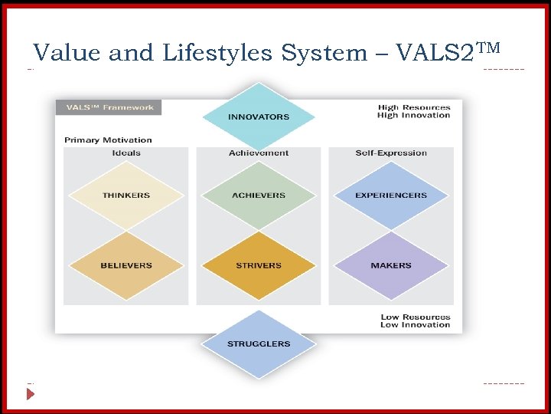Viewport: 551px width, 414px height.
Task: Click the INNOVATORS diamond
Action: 259,117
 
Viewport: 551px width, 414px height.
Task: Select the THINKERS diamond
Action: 126,195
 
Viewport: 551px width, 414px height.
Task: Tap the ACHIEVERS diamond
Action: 259,195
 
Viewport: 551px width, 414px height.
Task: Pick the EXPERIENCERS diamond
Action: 391,195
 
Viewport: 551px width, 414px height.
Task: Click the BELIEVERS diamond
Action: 126,265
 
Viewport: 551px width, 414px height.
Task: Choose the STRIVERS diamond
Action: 259,265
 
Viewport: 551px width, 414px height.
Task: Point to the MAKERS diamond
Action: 391,265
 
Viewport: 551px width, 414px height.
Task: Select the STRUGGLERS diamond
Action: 259,343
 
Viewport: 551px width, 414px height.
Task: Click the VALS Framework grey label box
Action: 109,107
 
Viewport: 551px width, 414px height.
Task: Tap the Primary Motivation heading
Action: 108,140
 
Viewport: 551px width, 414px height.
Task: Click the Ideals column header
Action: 126,153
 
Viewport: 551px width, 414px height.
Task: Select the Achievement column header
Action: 259,153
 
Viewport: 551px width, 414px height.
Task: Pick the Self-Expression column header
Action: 391,153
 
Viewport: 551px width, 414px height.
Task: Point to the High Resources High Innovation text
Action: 414,111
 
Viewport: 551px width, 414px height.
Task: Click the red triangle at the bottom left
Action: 31,394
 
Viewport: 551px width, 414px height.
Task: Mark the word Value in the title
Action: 67,53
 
